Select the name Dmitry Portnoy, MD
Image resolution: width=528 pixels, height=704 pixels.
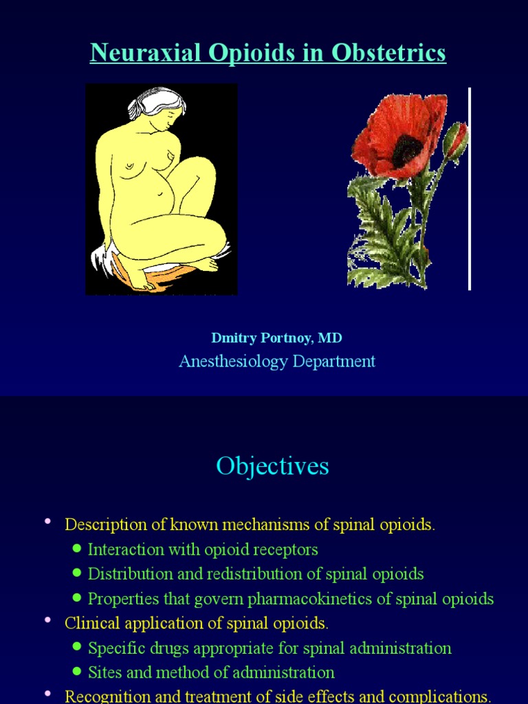(x=276, y=338)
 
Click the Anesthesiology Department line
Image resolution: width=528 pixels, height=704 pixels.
(x=276, y=361)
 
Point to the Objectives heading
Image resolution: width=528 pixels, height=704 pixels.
(x=272, y=466)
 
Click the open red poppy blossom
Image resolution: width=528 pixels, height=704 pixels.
(x=399, y=135)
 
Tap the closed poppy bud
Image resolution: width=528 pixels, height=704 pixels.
(x=455, y=139)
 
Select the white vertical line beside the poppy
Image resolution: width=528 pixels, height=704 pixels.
(x=470, y=189)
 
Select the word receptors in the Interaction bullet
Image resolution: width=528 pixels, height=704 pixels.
(x=285, y=549)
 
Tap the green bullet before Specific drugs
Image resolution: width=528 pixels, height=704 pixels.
(x=77, y=647)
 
